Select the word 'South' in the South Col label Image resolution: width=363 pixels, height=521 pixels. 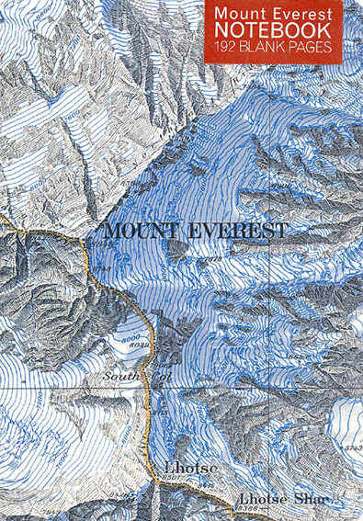tap(122, 376)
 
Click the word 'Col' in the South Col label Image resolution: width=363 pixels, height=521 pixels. tap(160, 376)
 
